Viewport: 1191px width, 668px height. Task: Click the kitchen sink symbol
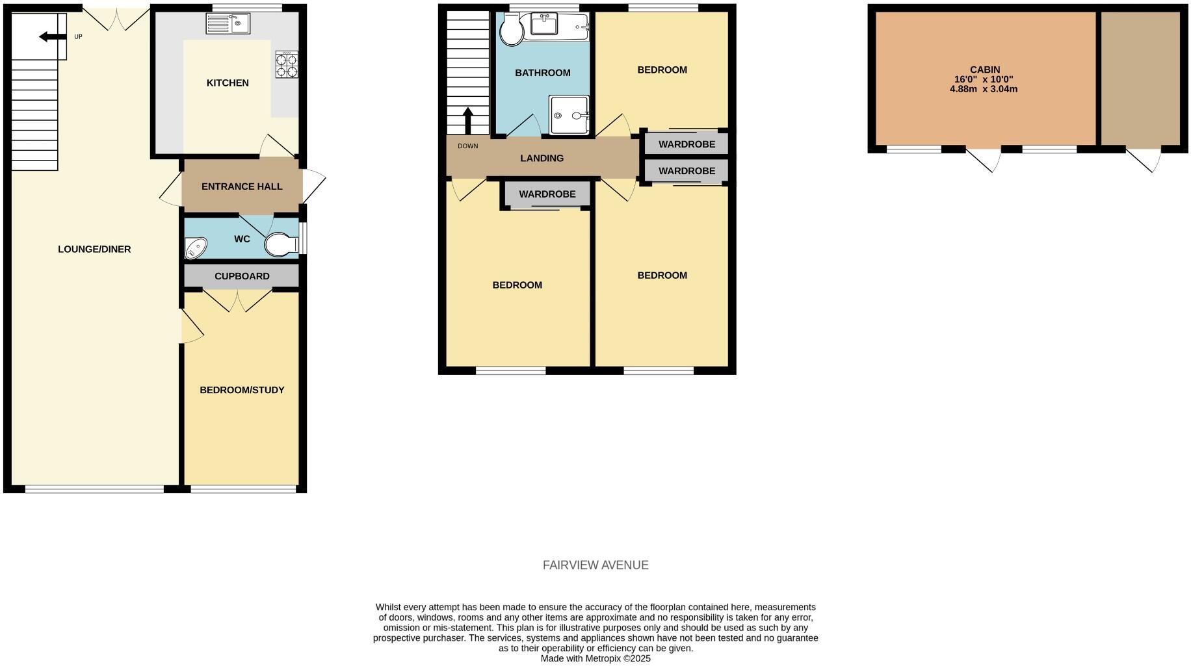(228, 24)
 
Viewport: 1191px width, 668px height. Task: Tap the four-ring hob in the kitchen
(287, 65)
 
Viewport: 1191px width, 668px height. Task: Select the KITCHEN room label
(228, 83)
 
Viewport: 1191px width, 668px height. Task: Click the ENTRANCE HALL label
(242, 186)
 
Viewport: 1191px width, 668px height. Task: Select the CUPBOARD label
(242, 276)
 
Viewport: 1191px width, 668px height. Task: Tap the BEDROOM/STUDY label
(242, 390)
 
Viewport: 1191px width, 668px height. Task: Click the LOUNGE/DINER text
(94, 250)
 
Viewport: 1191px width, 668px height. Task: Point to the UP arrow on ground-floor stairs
(52, 37)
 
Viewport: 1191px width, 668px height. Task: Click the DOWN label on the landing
(467, 146)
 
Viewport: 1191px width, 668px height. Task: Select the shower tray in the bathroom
(569, 115)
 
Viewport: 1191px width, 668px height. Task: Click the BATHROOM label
(542, 73)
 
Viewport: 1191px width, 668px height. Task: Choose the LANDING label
(542, 159)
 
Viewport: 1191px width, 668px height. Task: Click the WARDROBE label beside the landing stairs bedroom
(547, 194)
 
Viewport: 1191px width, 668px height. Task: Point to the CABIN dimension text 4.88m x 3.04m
(983, 89)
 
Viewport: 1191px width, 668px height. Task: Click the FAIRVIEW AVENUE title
(595, 565)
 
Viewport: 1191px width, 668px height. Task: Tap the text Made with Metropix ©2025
(595, 658)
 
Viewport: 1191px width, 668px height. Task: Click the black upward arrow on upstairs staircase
(467, 120)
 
